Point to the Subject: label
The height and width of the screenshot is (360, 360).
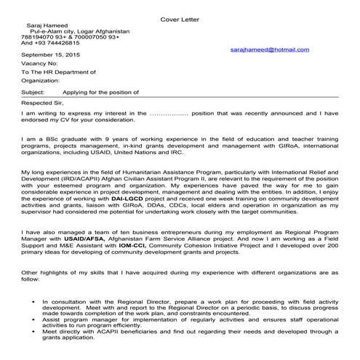(x=33, y=93)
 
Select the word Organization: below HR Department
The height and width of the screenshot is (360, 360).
(x=41, y=82)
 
